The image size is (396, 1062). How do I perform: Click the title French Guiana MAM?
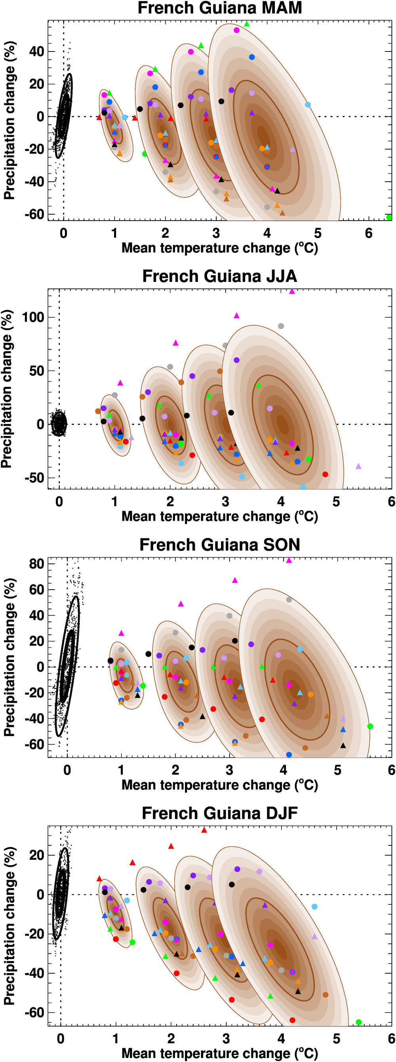click(x=219, y=8)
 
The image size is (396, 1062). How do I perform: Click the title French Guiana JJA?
click(x=219, y=276)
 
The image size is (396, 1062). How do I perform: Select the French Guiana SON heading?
click(x=219, y=544)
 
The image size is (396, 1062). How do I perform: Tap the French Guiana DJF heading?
click(x=219, y=813)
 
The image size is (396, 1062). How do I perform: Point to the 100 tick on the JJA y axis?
click(x=33, y=318)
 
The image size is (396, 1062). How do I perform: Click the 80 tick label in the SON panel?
click(x=36, y=563)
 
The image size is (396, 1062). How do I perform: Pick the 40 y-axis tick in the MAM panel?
click(x=36, y=51)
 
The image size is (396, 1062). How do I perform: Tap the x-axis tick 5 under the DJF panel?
click(x=337, y=1039)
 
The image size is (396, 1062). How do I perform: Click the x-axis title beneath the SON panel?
click(x=219, y=784)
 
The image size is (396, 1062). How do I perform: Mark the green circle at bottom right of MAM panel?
click(x=389, y=217)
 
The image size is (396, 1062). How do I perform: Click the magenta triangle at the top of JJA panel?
click(x=292, y=291)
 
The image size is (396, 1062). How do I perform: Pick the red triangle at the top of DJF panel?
click(x=204, y=830)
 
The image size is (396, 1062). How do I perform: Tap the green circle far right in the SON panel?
click(x=370, y=727)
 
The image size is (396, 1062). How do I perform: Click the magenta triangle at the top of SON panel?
click(x=289, y=560)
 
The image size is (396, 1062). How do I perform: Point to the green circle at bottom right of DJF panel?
click(x=358, y=1022)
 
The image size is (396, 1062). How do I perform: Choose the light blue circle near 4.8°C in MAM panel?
click(x=308, y=105)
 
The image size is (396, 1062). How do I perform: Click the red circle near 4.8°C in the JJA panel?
click(x=325, y=474)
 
